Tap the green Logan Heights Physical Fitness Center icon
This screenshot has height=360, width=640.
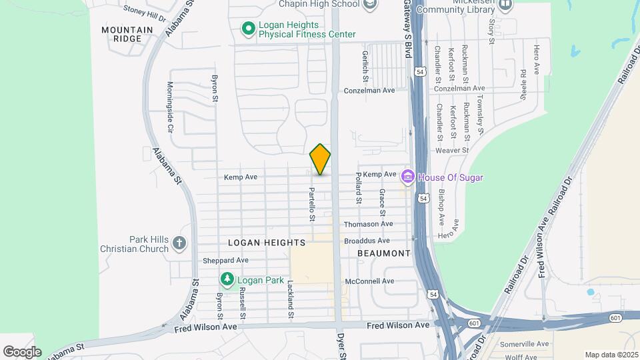coord(248,29)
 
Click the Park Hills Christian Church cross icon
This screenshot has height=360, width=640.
coord(179,244)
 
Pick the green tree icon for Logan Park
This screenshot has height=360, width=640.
coord(227,279)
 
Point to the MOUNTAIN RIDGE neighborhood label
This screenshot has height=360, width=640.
coord(123,34)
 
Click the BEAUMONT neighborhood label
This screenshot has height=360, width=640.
coord(383,253)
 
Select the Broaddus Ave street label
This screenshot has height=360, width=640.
coord(367,241)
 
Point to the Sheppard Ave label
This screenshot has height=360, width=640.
coord(225,260)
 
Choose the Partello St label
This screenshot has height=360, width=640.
coord(311,203)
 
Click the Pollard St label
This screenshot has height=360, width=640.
coord(359,187)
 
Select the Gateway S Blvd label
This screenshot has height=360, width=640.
coord(407,30)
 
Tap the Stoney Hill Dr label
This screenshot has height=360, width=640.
coord(144,13)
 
